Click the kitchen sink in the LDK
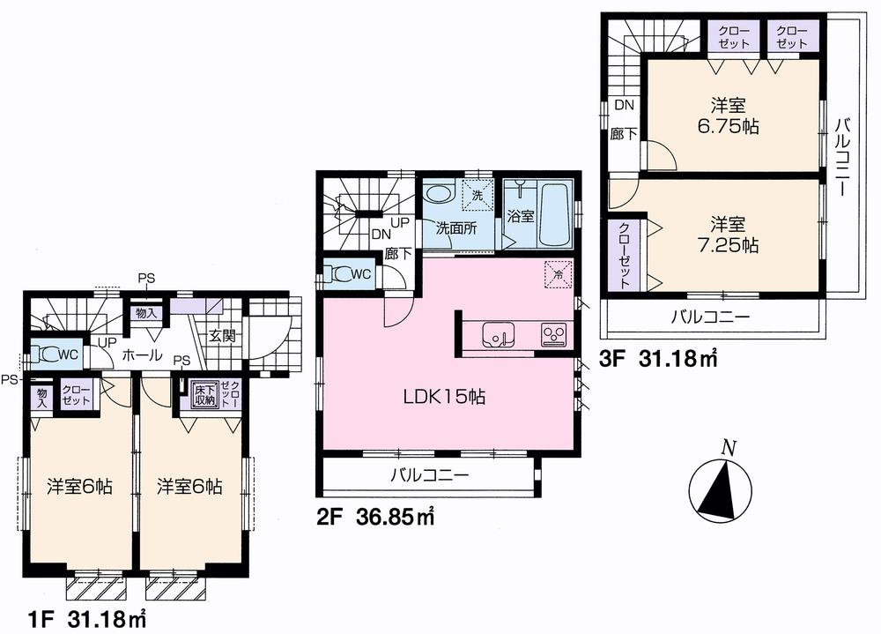point(494,334)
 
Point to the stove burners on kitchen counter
point(554,334)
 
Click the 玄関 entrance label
point(220,335)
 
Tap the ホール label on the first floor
point(141,355)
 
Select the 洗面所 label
point(455,227)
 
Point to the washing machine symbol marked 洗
point(477,195)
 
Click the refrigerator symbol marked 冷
point(557,274)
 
